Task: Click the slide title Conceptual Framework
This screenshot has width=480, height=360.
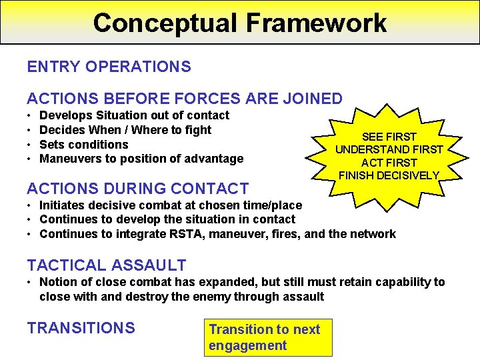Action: pos(240,22)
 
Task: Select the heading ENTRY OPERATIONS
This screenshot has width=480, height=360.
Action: pos(109,67)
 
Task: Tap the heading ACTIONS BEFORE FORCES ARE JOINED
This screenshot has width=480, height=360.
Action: pos(184,99)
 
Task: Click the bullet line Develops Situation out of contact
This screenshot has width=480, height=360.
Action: pos(134,115)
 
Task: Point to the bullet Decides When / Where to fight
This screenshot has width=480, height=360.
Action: pos(125,130)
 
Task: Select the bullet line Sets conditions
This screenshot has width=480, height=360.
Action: pos(84,145)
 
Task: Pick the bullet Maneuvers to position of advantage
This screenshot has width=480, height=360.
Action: pos(141,159)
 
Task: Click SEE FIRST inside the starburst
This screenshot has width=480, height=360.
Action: pos(389,137)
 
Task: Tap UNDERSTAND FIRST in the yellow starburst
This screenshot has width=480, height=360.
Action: pos(389,149)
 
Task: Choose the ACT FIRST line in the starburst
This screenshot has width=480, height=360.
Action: pos(389,163)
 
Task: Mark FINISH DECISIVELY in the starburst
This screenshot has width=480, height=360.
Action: pos(389,175)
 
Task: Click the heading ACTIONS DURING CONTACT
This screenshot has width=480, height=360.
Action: pos(137,189)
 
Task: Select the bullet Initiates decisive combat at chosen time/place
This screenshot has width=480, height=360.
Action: pos(171,205)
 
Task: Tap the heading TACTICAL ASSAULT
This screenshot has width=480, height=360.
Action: pos(106,265)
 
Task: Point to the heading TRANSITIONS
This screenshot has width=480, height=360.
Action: pos(81,328)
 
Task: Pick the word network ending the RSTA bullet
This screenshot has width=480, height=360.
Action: pos(373,234)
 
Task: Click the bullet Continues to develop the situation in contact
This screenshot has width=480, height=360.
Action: pos(167,219)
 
